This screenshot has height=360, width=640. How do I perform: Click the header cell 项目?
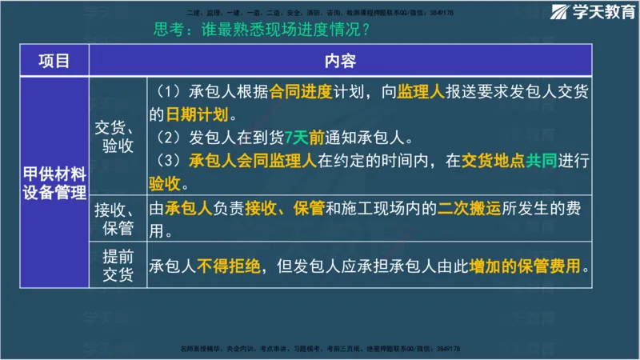53,61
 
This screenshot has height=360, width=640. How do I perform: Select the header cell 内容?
340,61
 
